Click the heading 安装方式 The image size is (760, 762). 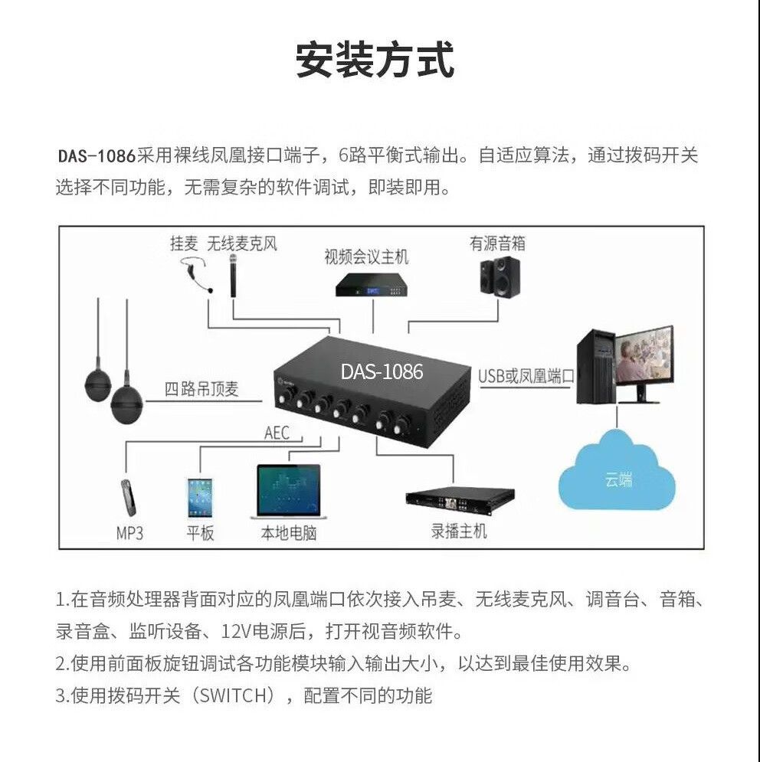pos(375,61)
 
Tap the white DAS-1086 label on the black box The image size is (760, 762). pos(382,371)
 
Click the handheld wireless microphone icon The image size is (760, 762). pos(230,276)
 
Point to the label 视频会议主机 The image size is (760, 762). pos(365,257)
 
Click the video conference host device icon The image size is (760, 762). pos(372,284)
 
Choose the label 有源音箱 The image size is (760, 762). pos(497,244)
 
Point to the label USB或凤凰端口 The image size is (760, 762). pos(526,376)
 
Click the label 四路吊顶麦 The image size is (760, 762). pos(201,389)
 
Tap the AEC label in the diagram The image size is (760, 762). pos(277,433)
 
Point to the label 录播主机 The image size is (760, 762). pos(458,531)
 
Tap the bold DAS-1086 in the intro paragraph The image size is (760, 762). pos(97,156)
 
